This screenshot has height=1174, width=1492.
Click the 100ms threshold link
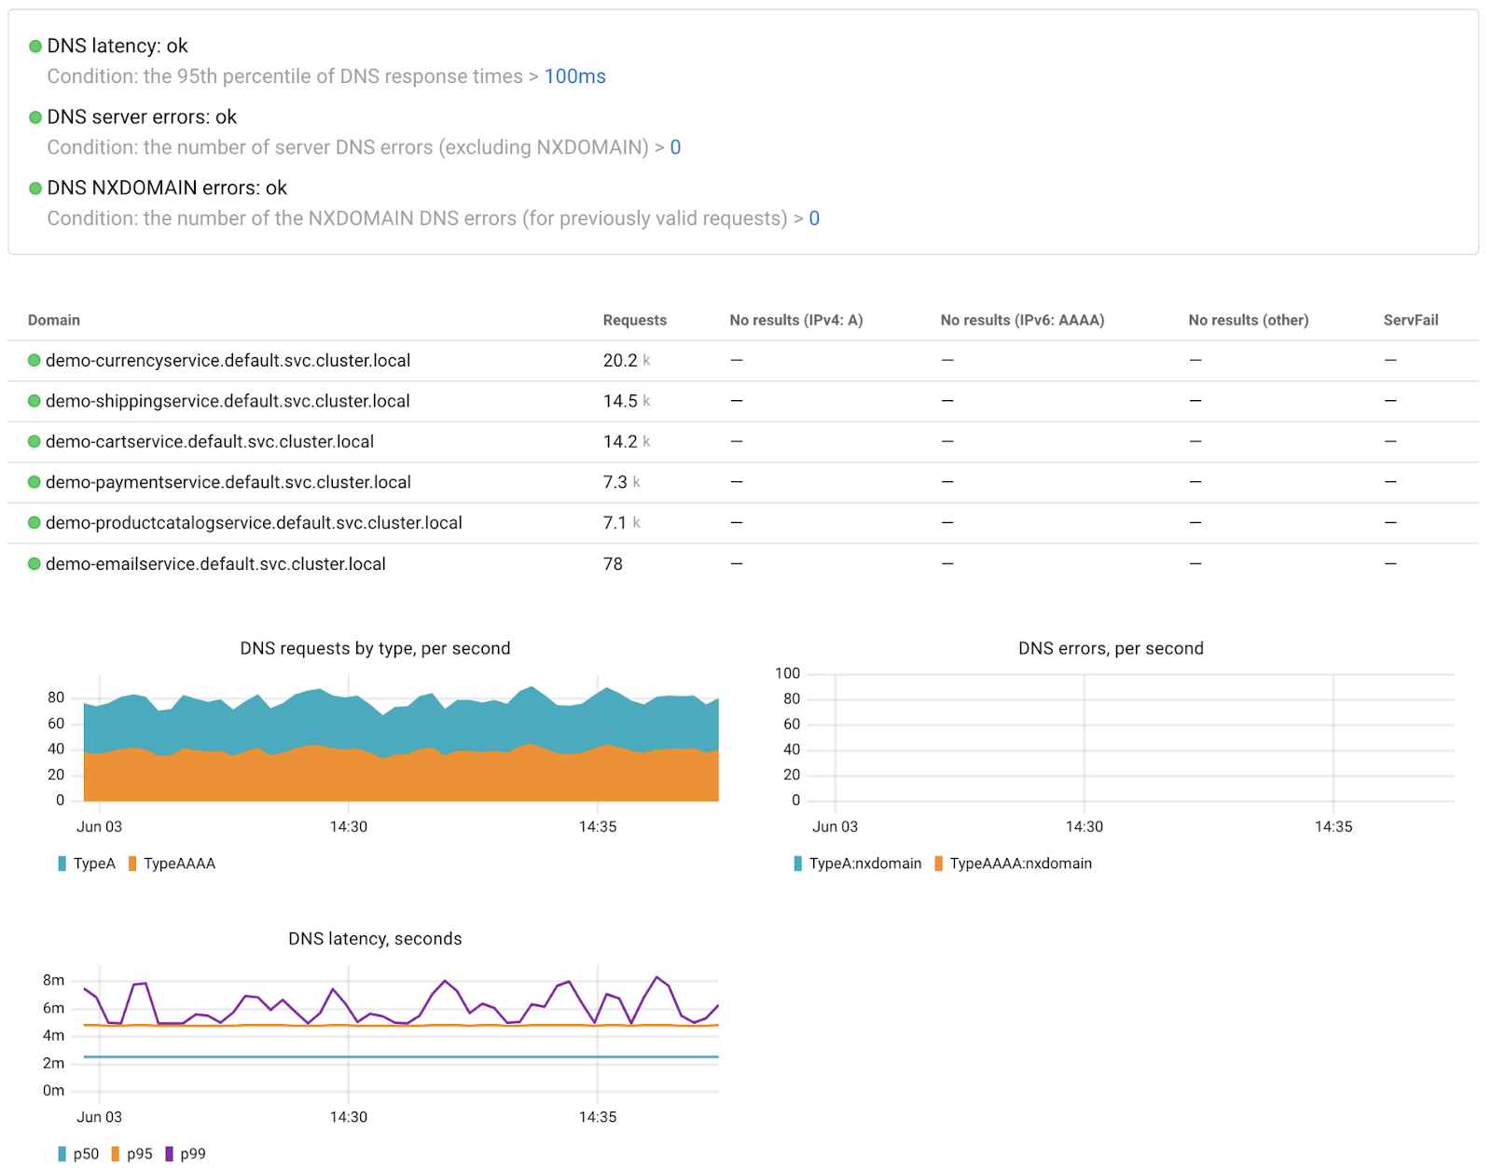[x=574, y=76]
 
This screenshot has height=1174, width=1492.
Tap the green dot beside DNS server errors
[x=35, y=117]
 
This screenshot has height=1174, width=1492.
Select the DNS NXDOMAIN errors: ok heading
[x=167, y=187]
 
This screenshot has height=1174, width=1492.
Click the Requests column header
[x=634, y=320]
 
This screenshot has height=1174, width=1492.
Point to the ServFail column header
[x=1410, y=320]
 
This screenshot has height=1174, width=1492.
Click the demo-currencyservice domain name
[x=228, y=361]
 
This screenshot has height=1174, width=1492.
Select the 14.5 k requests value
[x=626, y=401]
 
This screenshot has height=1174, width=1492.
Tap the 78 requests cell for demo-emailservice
[x=613, y=564]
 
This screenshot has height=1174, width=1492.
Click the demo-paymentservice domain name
[x=228, y=482]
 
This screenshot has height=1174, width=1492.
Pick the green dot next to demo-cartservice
[x=35, y=442]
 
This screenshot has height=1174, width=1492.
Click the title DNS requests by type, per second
[x=375, y=648]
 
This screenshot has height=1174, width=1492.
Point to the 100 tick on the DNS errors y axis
[x=787, y=673]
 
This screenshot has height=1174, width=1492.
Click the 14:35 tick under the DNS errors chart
[x=1333, y=826]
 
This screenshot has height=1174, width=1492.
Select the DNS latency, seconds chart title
[x=375, y=939]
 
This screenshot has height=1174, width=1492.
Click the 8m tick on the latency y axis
[x=54, y=980]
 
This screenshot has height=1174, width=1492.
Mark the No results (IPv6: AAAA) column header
[x=1022, y=320]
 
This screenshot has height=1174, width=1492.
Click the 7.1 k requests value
[x=621, y=523]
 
